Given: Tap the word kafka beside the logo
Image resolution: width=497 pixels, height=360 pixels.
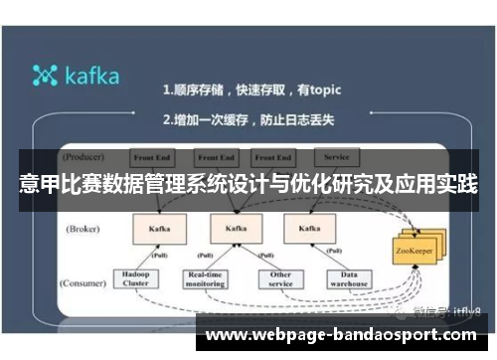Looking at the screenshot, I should (x=92, y=76).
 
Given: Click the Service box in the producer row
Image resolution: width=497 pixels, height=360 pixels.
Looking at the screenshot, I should (x=335, y=157).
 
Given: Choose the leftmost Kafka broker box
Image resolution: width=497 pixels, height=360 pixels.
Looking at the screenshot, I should (x=159, y=229).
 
